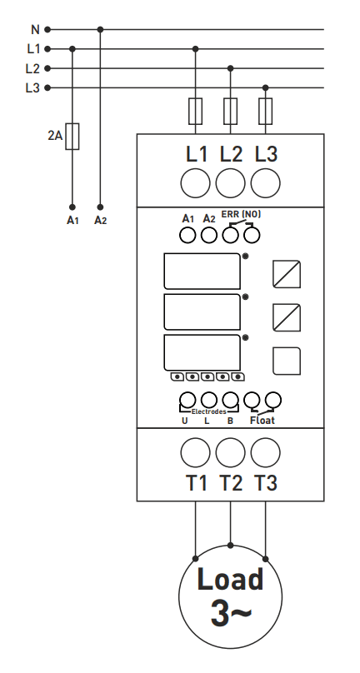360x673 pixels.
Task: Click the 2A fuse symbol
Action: pos(72,136)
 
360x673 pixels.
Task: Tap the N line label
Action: pos(35,30)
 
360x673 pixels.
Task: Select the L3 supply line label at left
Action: pos(32,88)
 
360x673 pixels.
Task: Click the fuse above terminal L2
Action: pos(230,111)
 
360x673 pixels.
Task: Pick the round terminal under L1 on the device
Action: pos(196,183)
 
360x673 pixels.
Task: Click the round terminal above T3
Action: pos(266,452)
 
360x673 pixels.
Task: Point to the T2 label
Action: pos(231,483)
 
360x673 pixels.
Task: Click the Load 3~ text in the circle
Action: pos(231,596)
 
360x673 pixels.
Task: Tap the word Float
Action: pos(262,420)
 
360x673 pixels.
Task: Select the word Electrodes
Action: pos(209,411)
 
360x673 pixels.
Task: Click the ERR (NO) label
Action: pos(241,214)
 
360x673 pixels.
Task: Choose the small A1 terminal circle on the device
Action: pos(187,235)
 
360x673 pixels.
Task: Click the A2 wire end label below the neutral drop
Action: pos(100,221)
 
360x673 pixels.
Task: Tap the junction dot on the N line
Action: pos(100,30)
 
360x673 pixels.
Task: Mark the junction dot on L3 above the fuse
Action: pos(266,88)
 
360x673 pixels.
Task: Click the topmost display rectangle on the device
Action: pos(202,271)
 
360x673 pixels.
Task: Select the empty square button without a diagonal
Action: pos(287,361)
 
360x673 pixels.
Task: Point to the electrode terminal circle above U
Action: pos(187,400)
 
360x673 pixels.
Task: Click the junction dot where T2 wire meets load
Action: pos(230,546)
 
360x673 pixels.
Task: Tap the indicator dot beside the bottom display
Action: pos(245,338)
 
